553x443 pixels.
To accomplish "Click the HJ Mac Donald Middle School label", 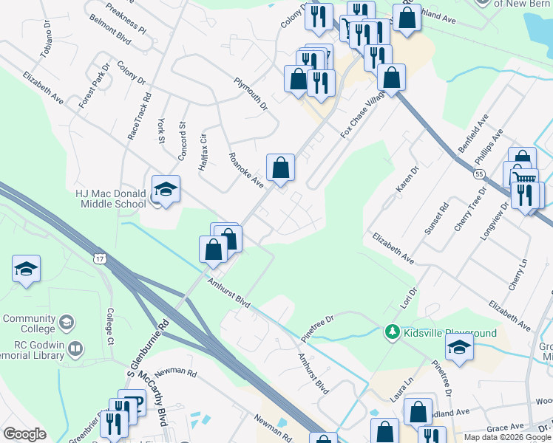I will tap(111, 199).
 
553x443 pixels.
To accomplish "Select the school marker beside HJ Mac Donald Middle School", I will tap(166, 190).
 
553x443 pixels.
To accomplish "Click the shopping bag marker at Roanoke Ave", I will tap(280, 168).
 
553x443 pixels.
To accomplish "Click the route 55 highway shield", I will tap(479, 174).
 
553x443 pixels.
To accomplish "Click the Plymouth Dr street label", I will tap(250, 95).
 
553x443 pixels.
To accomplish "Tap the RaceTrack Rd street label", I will tap(139, 117).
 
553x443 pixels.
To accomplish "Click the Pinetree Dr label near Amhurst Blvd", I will tap(318, 327).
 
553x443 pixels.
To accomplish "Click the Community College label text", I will tap(29, 323).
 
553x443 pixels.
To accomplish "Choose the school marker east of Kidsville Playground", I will tap(459, 348).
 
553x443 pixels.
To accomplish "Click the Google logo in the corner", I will tap(24, 434).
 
